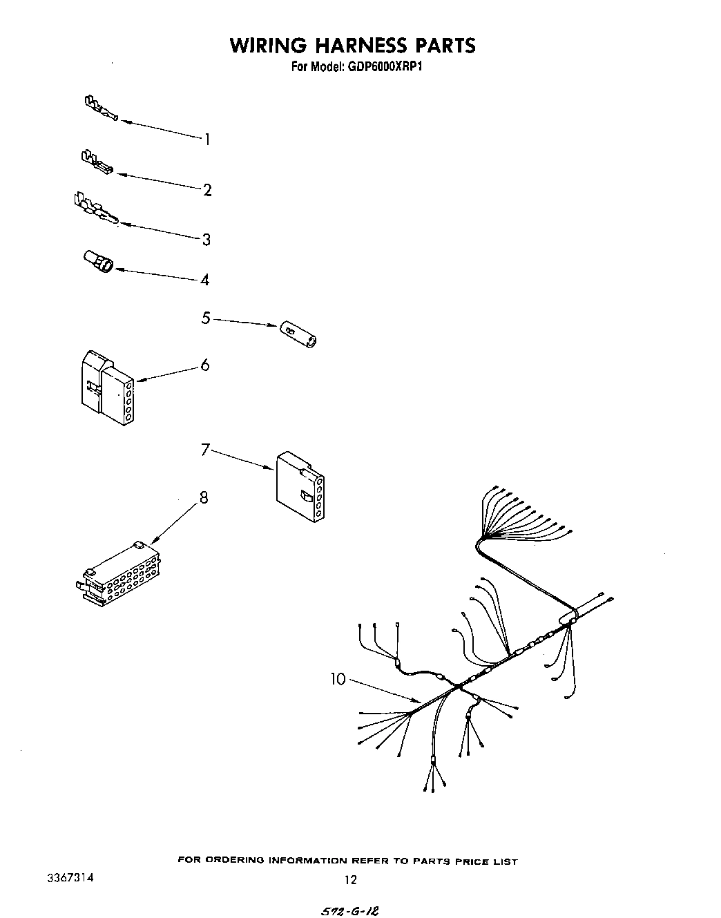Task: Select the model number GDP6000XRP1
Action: [x=376, y=67]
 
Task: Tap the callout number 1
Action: [x=206, y=140]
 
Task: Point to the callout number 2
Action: [x=207, y=190]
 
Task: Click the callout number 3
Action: [x=206, y=240]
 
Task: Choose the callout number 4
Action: [x=205, y=280]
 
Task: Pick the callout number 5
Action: [x=206, y=318]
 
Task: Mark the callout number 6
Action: [x=205, y=365]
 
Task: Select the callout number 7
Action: [x=205, y=450]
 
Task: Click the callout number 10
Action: [x=338, y=679]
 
